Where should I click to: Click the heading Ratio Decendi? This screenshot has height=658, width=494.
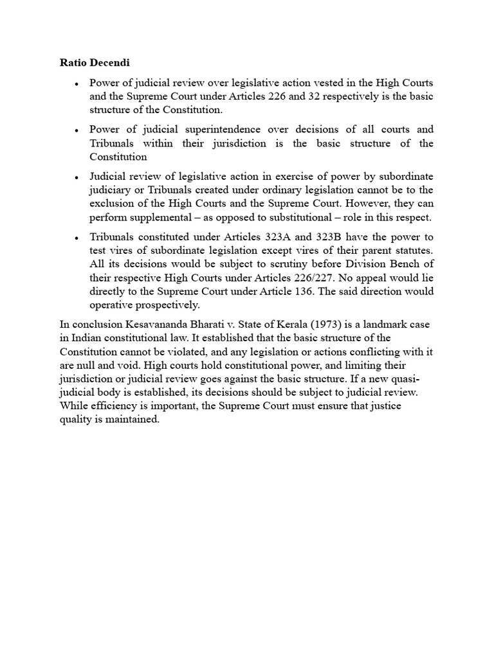coord(94,64)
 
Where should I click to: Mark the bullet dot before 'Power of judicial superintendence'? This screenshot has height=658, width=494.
coord(77,130)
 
